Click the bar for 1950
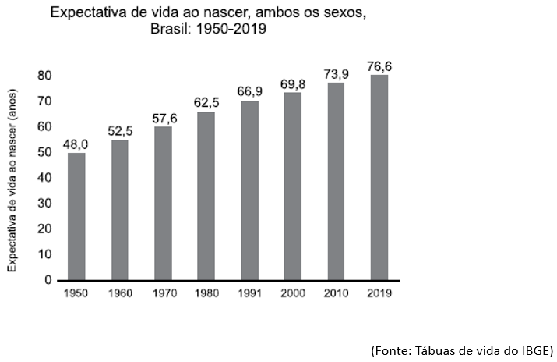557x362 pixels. (77, 216)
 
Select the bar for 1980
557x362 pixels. (206, 196)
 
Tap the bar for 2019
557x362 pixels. (379, 177)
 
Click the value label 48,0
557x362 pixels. (77, 144)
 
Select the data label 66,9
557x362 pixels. (249, 92)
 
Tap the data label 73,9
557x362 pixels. (336, 73)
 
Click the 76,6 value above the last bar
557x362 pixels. (379, 66)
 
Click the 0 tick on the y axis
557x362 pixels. (48, 279)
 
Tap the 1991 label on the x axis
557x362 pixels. (249, 294)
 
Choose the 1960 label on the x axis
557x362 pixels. (120, 294)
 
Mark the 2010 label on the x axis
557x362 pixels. (336, 294)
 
